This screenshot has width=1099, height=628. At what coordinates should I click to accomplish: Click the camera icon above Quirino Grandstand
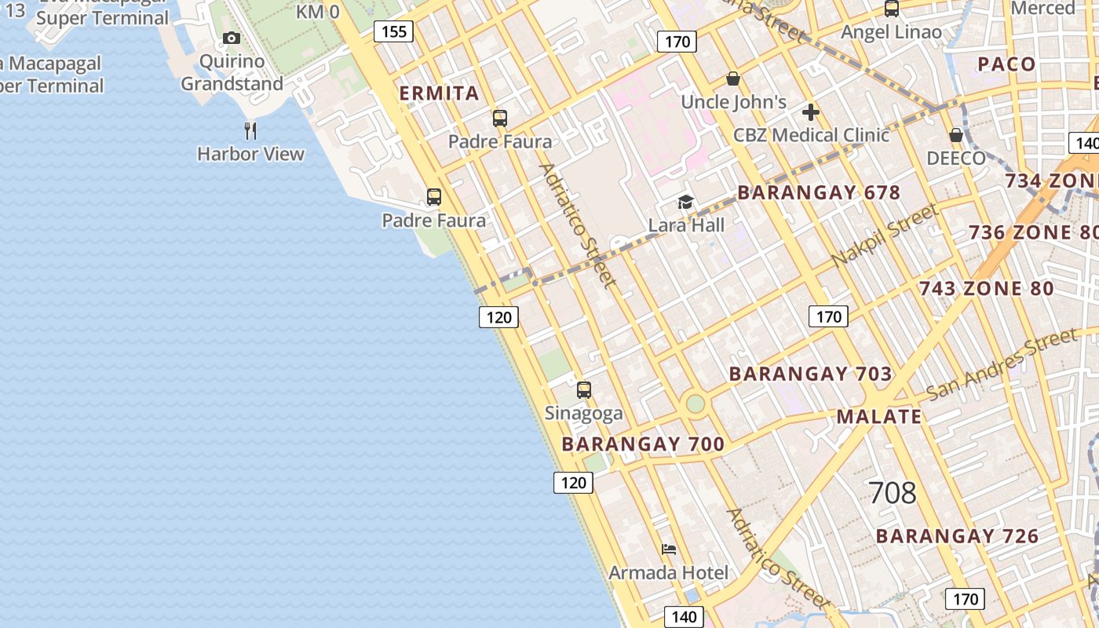[x=231, y=38]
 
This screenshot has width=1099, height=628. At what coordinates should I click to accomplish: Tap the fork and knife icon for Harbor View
[x=250, y=130]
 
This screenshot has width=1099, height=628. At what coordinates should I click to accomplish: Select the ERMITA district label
[x=439, y=93]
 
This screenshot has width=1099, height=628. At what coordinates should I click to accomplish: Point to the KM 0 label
[x=318, y=12]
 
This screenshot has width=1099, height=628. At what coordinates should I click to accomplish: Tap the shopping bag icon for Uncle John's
[x=733, y=78]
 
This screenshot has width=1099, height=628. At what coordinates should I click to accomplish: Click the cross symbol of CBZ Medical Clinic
[x=811, y=112]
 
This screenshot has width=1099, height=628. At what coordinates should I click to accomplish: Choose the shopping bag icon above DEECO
[x=956, y=135]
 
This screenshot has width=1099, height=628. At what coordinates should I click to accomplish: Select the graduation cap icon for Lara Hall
[x=686, y=203]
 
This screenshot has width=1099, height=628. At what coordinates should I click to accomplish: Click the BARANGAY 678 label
[x=819, y=192]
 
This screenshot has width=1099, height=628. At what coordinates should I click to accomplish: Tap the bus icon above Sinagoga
[x=584, y=389]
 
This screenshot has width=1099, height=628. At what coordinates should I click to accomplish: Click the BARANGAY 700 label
[x=643, y=444]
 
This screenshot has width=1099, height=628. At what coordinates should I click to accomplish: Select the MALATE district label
[x=879, y=417]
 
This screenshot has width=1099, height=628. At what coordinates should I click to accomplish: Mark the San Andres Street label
[x=1002, y=364]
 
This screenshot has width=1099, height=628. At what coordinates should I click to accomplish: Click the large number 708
[x=893, y=493]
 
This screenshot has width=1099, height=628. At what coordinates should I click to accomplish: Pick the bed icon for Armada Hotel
[x=669, y=549]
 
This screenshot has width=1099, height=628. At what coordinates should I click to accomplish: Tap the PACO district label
[x=1006, y=64]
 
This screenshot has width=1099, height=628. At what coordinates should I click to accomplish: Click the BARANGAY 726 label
[x=957, y=536]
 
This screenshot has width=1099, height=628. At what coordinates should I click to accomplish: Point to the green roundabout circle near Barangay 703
[x=696, y=403]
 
